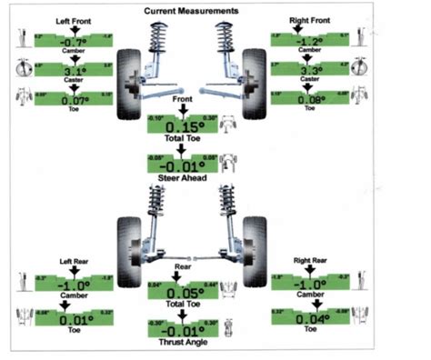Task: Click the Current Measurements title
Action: (x=192, y=11)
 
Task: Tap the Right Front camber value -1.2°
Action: (x=310, y=41)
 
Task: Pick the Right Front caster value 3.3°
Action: (x=310, y=68)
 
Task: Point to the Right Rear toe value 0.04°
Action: (x=310, y=319)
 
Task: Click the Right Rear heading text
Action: (x=310, y=261)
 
